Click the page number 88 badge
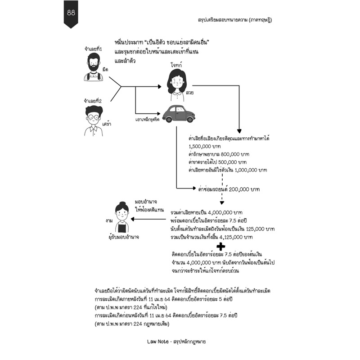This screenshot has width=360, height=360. (x=71, y=14)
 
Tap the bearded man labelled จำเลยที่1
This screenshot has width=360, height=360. (x=94, y=67)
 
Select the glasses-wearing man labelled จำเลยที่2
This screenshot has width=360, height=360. (x=94, y=121)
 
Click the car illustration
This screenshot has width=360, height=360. (x=179, y=114)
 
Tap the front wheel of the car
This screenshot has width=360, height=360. (x=190, y=119)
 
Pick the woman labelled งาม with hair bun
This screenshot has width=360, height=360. (x=122, y=217)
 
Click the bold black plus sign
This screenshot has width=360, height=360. (x=221, y=247)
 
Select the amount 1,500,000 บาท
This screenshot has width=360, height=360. (x=205, y=146)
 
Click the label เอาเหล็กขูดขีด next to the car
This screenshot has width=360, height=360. (x=148, y=119)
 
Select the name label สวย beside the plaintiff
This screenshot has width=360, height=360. (x=189, y=93)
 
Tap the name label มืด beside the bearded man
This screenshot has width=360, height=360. (x=105, y=69)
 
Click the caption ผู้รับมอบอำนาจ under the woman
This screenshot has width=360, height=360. (x=124, y=237)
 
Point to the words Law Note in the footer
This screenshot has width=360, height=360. (x=158, y=342)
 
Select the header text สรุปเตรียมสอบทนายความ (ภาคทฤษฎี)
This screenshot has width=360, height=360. (x=235, y=20)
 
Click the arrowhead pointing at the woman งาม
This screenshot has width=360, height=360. (x=132, y=219)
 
